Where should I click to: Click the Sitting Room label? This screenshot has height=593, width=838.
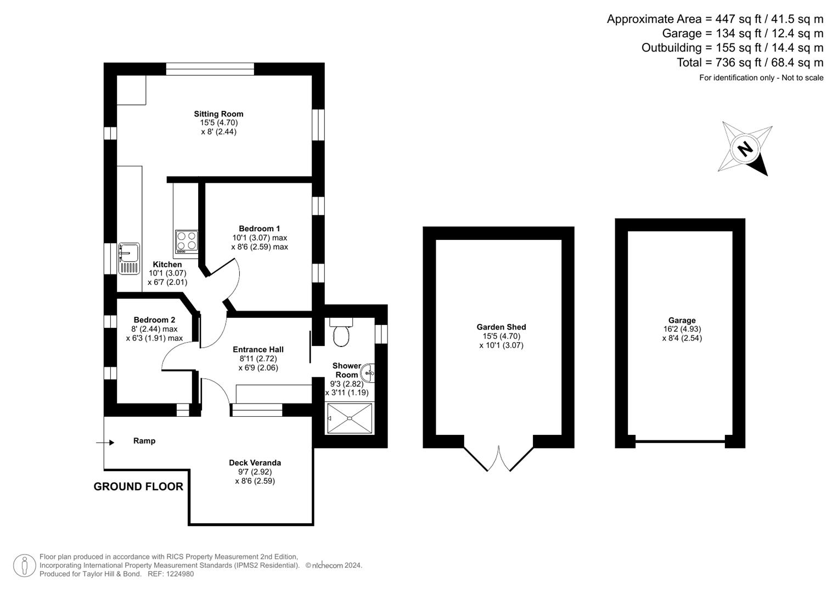(218, 114)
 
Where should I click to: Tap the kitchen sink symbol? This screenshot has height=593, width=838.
(129, 258)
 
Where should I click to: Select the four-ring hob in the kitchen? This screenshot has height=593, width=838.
(187, 242)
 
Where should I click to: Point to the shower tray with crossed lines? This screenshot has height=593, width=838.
(350, 418)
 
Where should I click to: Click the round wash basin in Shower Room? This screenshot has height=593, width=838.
(369, 373)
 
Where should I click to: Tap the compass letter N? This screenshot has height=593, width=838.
(745, 149)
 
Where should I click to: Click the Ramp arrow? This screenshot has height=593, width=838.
(105, 443)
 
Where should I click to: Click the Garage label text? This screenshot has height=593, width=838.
(682, 320)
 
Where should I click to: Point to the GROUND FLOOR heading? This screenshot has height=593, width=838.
(138, 486)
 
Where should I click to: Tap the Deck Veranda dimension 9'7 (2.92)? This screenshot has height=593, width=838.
(255, 472)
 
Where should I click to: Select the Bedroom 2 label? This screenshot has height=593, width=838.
(154, 320)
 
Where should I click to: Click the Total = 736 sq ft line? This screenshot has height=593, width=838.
(750, 63)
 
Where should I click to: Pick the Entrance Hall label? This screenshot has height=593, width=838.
(258, 349)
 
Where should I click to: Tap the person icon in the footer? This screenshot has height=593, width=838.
(24, 566)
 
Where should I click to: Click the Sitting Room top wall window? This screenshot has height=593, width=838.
(210, 69)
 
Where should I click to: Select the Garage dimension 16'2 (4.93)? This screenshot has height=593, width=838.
(682, 329)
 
